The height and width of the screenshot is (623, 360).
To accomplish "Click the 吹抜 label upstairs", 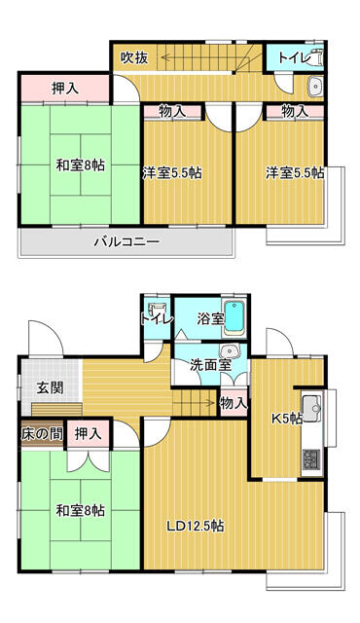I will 134,58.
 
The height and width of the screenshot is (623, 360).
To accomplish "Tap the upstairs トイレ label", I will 293,58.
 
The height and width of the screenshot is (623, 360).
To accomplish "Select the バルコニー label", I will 126,241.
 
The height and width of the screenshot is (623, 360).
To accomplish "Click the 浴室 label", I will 210,317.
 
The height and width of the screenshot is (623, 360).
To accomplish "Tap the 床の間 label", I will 39,432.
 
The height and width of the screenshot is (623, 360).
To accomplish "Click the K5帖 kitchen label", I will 285,420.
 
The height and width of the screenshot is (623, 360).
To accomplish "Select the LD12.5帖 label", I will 195,526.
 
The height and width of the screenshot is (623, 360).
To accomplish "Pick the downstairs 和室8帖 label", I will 80,510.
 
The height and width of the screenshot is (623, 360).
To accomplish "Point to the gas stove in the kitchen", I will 312,457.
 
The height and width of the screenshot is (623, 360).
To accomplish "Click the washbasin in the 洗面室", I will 230,351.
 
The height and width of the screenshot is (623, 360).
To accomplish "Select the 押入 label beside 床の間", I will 89,432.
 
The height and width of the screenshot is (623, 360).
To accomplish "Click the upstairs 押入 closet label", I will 65,89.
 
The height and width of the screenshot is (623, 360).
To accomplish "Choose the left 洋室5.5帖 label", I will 172,172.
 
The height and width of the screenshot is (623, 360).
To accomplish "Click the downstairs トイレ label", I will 157,318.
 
